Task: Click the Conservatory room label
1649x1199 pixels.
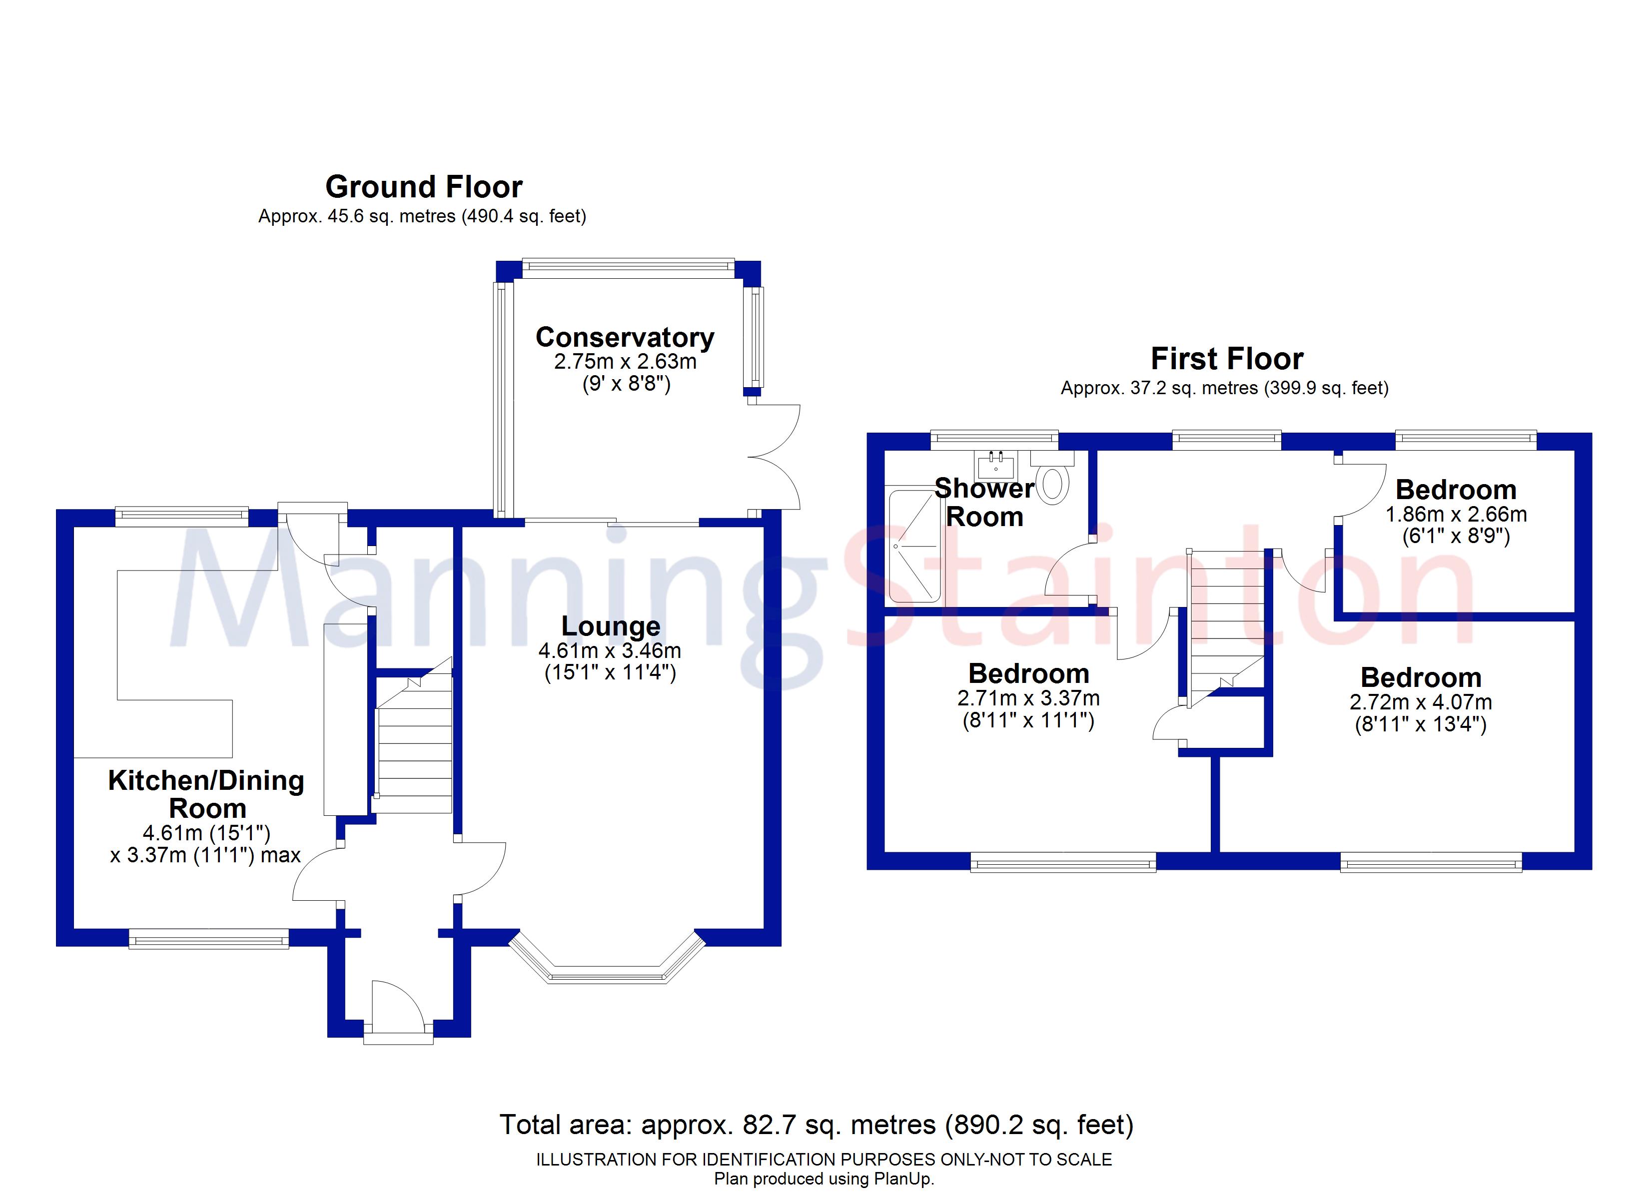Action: pyautogui.click(x=625, y=337)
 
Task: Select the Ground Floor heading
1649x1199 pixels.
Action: pyautogui.click(x=424, y=187)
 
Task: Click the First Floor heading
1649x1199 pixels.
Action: pyautogui.click(x=1227, y=359)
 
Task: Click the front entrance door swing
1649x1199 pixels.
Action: pyautogui.click(x=397, y=1004)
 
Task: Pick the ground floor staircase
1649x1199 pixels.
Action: pyautogui.click(x=413, y=736)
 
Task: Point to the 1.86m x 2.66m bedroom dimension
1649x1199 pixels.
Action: pyautogui.click(x=1456, y=514)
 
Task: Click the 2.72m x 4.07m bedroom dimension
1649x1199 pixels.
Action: pyautogui.click(x=1421, y=702)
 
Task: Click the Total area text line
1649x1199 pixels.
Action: pyautogui.click(x=817, y=1125)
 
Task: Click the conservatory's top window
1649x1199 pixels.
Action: pyautogui.click(x=628, y=268)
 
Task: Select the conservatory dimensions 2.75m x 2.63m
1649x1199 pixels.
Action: pyautogui.click(x=625, y=361)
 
